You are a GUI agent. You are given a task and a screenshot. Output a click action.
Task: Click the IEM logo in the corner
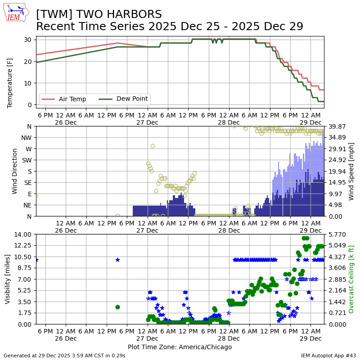tap(17, 13)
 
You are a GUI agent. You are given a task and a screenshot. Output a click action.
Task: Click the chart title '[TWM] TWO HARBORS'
tap(99, 14)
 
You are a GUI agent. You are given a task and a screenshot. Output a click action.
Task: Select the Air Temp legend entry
tap(72, 99)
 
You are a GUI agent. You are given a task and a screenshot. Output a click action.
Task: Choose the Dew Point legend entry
tap(132, 99)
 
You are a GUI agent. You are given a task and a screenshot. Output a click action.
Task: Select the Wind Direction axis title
tap(15, 171)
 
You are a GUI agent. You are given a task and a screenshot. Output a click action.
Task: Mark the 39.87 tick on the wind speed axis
tap(336, 126)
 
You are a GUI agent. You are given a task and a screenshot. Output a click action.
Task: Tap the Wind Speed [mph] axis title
tap(351, 171)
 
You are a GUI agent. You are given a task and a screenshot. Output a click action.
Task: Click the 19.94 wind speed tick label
tap(336, 171)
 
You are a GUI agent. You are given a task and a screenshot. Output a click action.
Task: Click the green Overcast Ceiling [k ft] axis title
tap(351, 279)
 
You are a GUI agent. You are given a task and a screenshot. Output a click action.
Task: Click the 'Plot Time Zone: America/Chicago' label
tap(180, 347)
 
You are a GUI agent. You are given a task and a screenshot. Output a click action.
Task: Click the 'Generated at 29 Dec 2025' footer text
tap(64, 355)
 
